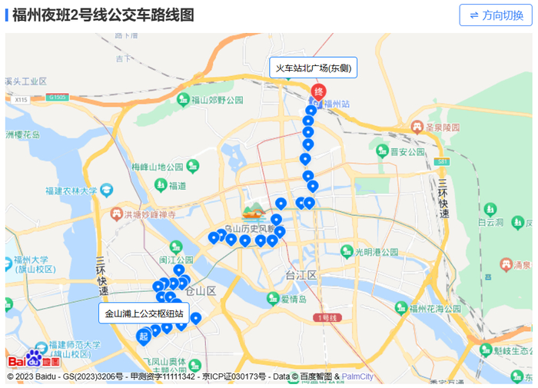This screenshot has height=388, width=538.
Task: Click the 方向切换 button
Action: tap(496, 15)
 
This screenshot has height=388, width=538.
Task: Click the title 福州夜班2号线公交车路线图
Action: tap(103, 15)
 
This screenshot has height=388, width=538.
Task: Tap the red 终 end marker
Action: tap(318, 92)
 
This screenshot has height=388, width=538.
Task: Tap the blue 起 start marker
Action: tap(144, 336)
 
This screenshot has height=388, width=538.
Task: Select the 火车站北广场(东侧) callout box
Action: tap(314, 68)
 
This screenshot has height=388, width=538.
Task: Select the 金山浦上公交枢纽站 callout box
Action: tap(144, 313)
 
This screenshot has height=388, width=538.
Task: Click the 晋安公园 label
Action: tap(407, 152)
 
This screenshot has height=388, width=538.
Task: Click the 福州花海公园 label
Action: tap(434, 309)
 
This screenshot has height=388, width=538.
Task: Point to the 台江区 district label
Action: tap(301, 274)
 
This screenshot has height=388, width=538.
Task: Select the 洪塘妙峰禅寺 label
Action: tap(151, 214)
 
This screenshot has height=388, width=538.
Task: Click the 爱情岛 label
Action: tap(294, 299)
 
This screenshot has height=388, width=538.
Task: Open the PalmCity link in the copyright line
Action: tap(357, 377)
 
